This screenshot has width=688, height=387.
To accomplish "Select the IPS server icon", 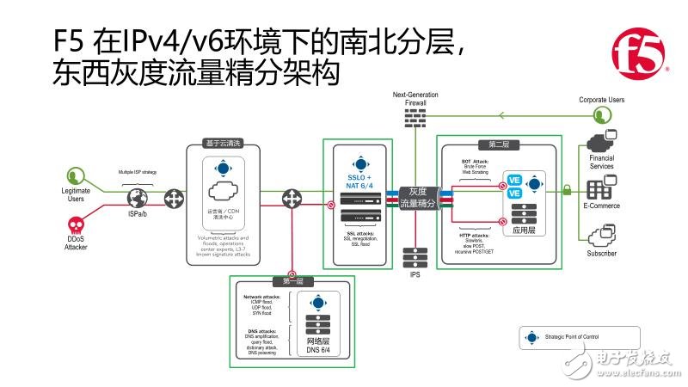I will (x=415, y=259).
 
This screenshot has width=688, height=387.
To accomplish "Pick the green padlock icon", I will (x=567, y=188).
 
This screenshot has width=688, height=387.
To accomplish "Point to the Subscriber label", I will (x=601, y=255).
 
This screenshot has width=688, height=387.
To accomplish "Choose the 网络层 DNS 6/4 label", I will (x=318, y=347).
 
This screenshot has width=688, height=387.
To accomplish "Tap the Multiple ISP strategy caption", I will (x=138, y=172).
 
